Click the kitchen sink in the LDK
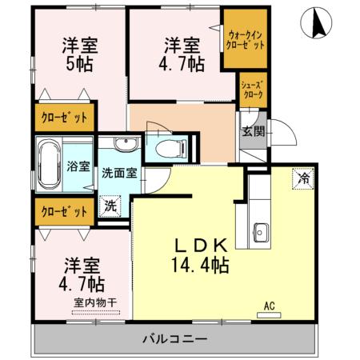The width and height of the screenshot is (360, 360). pos(260,234)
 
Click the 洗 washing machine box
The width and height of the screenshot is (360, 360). pos(109,205)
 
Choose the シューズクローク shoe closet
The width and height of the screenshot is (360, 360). pos(253,89)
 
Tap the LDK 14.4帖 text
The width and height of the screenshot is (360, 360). pos(197,256)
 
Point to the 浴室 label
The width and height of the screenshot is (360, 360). pos(78,167)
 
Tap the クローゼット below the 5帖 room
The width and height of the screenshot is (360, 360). pos(64,118)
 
